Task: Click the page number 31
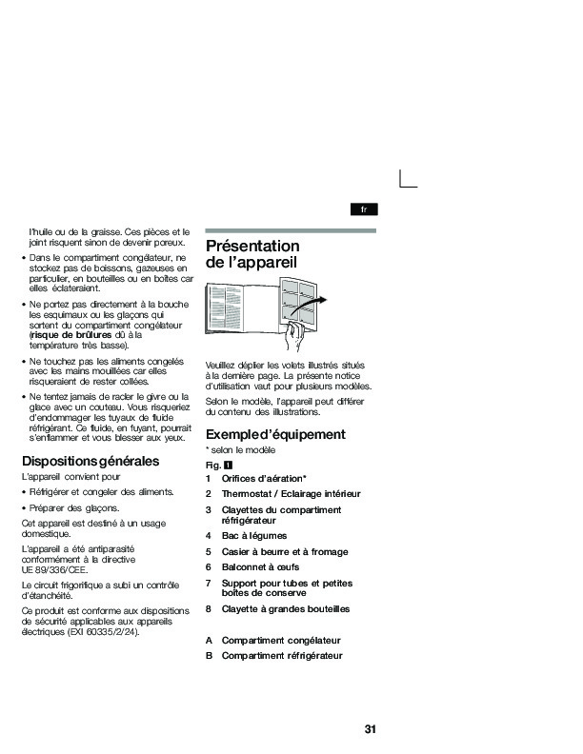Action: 370,729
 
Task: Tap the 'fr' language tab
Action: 364,208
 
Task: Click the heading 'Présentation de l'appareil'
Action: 252,253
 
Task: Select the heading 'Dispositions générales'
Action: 90,462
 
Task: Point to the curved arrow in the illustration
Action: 315,302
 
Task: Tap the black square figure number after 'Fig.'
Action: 229,465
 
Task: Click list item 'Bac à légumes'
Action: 253,536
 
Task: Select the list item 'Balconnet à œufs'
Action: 261,566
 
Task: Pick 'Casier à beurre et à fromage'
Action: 284,551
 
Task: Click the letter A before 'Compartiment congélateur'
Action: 209,641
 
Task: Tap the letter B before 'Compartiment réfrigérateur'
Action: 209,656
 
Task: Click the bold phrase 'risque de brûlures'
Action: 71,336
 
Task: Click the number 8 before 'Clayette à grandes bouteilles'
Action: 209,608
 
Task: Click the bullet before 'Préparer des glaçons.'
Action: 25,509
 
